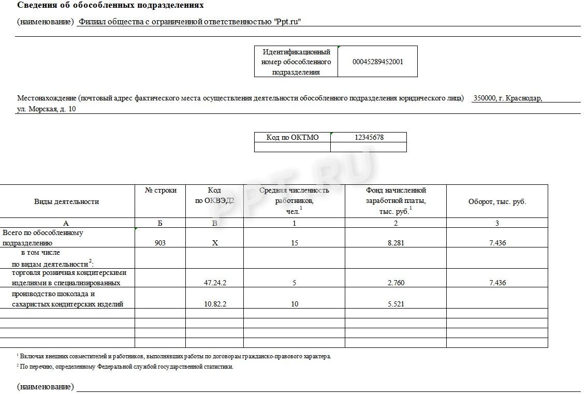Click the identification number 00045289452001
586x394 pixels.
click(377, 62)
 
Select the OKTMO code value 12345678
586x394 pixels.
click(369, 137)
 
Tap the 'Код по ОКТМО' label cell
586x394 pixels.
click(292, 137)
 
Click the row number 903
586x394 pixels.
click(160, 243)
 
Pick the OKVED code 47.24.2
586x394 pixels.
click(215, 283)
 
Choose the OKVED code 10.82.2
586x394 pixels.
click(215, 304)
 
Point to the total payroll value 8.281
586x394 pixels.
click(395, 243)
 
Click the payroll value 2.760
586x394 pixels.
click(395, 283)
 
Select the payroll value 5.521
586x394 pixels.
click(395, 304)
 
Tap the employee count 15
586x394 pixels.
click(294, 243)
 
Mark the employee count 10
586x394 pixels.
click(294, 304)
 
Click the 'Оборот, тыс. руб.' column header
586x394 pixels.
click(497, 201)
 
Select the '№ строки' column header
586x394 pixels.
click(160, 191)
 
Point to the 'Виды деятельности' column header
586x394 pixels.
click(66, 201)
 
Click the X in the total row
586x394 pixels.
click(215, 243)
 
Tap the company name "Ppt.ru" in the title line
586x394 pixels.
click(287, 22)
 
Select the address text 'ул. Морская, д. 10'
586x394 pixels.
click(47, 109)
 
